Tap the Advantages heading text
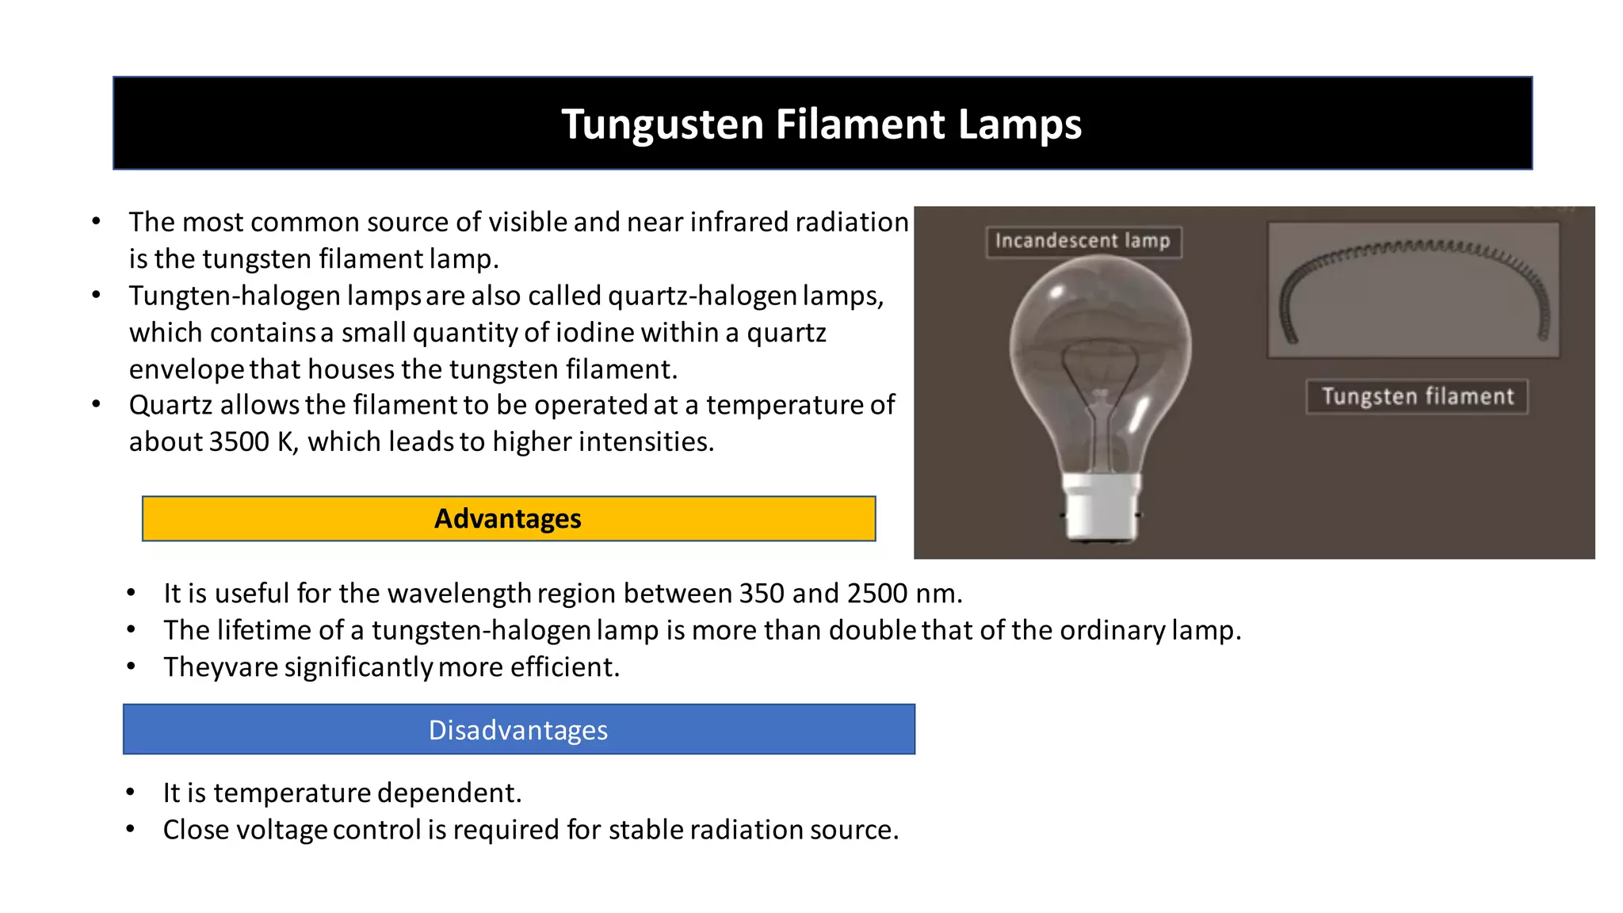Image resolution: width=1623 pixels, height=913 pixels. tap(508, 519)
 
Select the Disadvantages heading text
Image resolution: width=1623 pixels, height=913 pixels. tap(518, 730)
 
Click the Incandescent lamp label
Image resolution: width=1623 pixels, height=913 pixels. tap(1083, 241)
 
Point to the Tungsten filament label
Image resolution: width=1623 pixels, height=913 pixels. tap(1417, 396)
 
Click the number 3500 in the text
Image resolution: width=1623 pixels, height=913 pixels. tap(239, 442)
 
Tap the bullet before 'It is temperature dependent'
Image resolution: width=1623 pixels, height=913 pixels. tap(131, 793)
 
